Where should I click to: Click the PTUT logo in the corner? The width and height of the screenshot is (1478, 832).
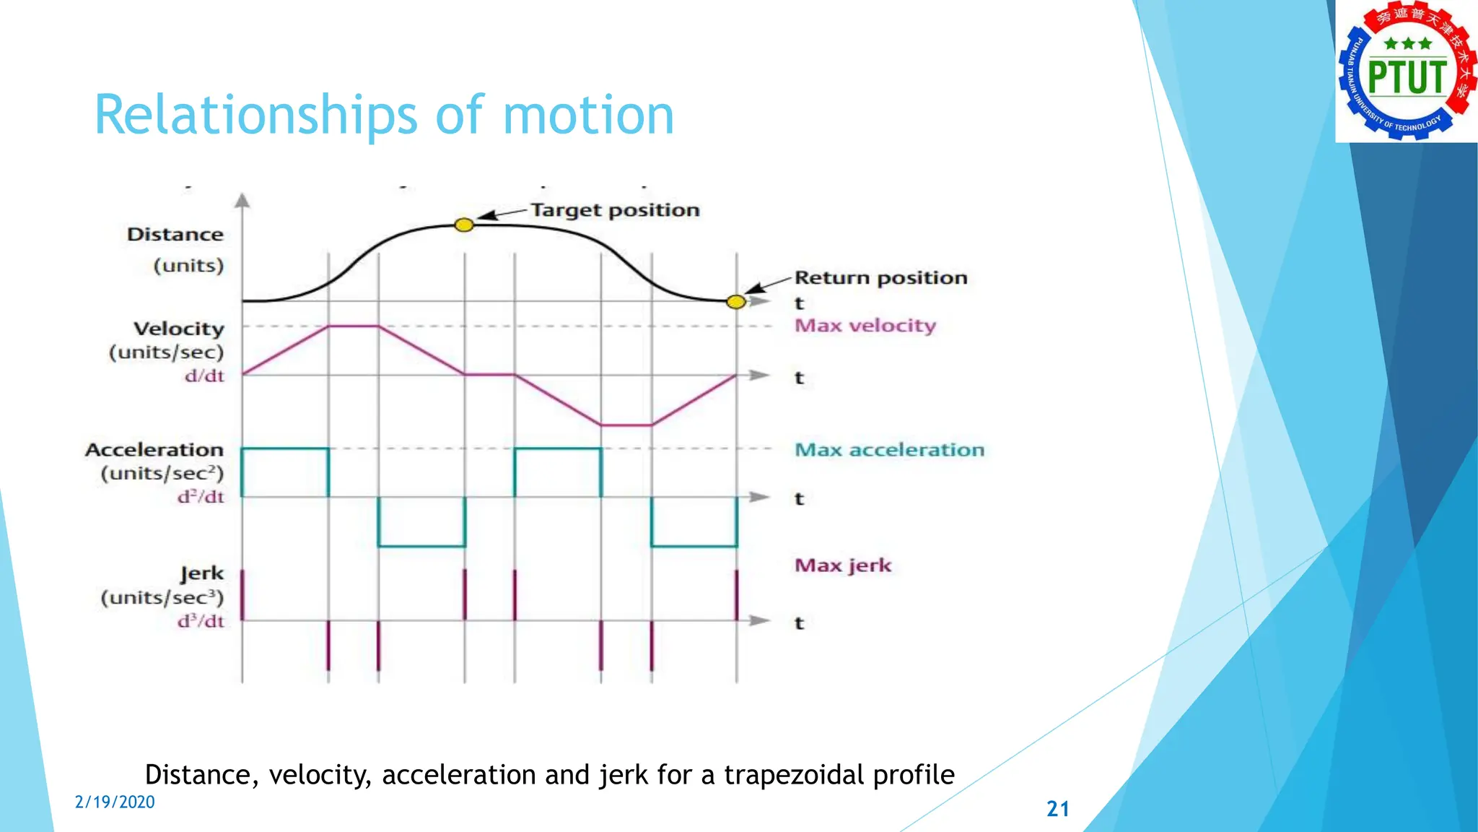click(1406, 71)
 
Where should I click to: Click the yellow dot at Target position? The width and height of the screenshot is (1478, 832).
click(464, 225)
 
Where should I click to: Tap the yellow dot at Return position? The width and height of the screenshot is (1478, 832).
click(735, 302)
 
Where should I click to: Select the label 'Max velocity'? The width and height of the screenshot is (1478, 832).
click(865, 326)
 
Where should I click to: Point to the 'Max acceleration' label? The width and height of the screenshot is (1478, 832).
click(889, 450)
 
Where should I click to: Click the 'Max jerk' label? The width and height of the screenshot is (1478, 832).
click(843, 565)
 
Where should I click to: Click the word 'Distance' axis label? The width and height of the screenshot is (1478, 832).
click(175, 235)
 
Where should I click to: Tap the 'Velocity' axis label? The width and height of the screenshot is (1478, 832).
click(179, 329)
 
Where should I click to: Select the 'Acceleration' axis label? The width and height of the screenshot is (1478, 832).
click(154, 450)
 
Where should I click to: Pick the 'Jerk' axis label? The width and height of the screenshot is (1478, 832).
click(202, 573)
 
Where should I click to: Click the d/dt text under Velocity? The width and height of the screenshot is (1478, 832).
click(204, 376)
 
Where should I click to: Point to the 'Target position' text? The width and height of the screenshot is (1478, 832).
click(615, 210)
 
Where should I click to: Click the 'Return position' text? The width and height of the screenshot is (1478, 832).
click(880, 278)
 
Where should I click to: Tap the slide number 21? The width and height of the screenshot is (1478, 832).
click(1057, 809)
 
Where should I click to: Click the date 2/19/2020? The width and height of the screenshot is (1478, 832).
click(115, 802)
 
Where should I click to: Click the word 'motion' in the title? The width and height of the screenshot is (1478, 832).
click(588, 116)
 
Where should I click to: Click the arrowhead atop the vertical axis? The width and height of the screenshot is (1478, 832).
click(242, 200)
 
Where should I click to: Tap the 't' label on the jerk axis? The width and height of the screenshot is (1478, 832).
click(799, 623)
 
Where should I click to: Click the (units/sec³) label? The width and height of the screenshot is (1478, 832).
click(162, 598)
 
